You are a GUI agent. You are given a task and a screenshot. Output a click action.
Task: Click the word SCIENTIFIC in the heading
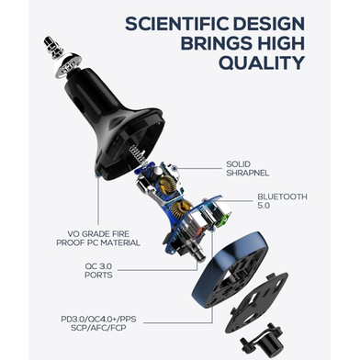[176, 24]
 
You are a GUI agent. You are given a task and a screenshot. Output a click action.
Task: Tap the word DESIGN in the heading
[269, 24]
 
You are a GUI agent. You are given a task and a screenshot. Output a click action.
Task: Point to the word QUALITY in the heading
[262, 62]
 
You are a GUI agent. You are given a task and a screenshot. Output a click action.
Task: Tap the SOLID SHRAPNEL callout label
[247, 169]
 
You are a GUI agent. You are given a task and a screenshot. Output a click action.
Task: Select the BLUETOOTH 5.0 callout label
[282, 201]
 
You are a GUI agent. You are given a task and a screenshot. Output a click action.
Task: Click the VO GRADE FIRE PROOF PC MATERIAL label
[98, 239]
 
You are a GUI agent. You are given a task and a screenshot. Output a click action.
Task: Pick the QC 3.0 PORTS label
[98, 270]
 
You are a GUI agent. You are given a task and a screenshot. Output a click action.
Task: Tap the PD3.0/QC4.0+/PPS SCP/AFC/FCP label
[98, 323]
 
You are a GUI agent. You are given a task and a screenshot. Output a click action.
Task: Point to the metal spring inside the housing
[137, 154]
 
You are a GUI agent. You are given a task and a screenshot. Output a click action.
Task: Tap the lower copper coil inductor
[180, 209]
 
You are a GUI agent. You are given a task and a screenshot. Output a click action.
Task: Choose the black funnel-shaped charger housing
[113, 122]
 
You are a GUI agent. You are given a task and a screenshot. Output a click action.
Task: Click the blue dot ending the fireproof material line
[98, 175]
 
